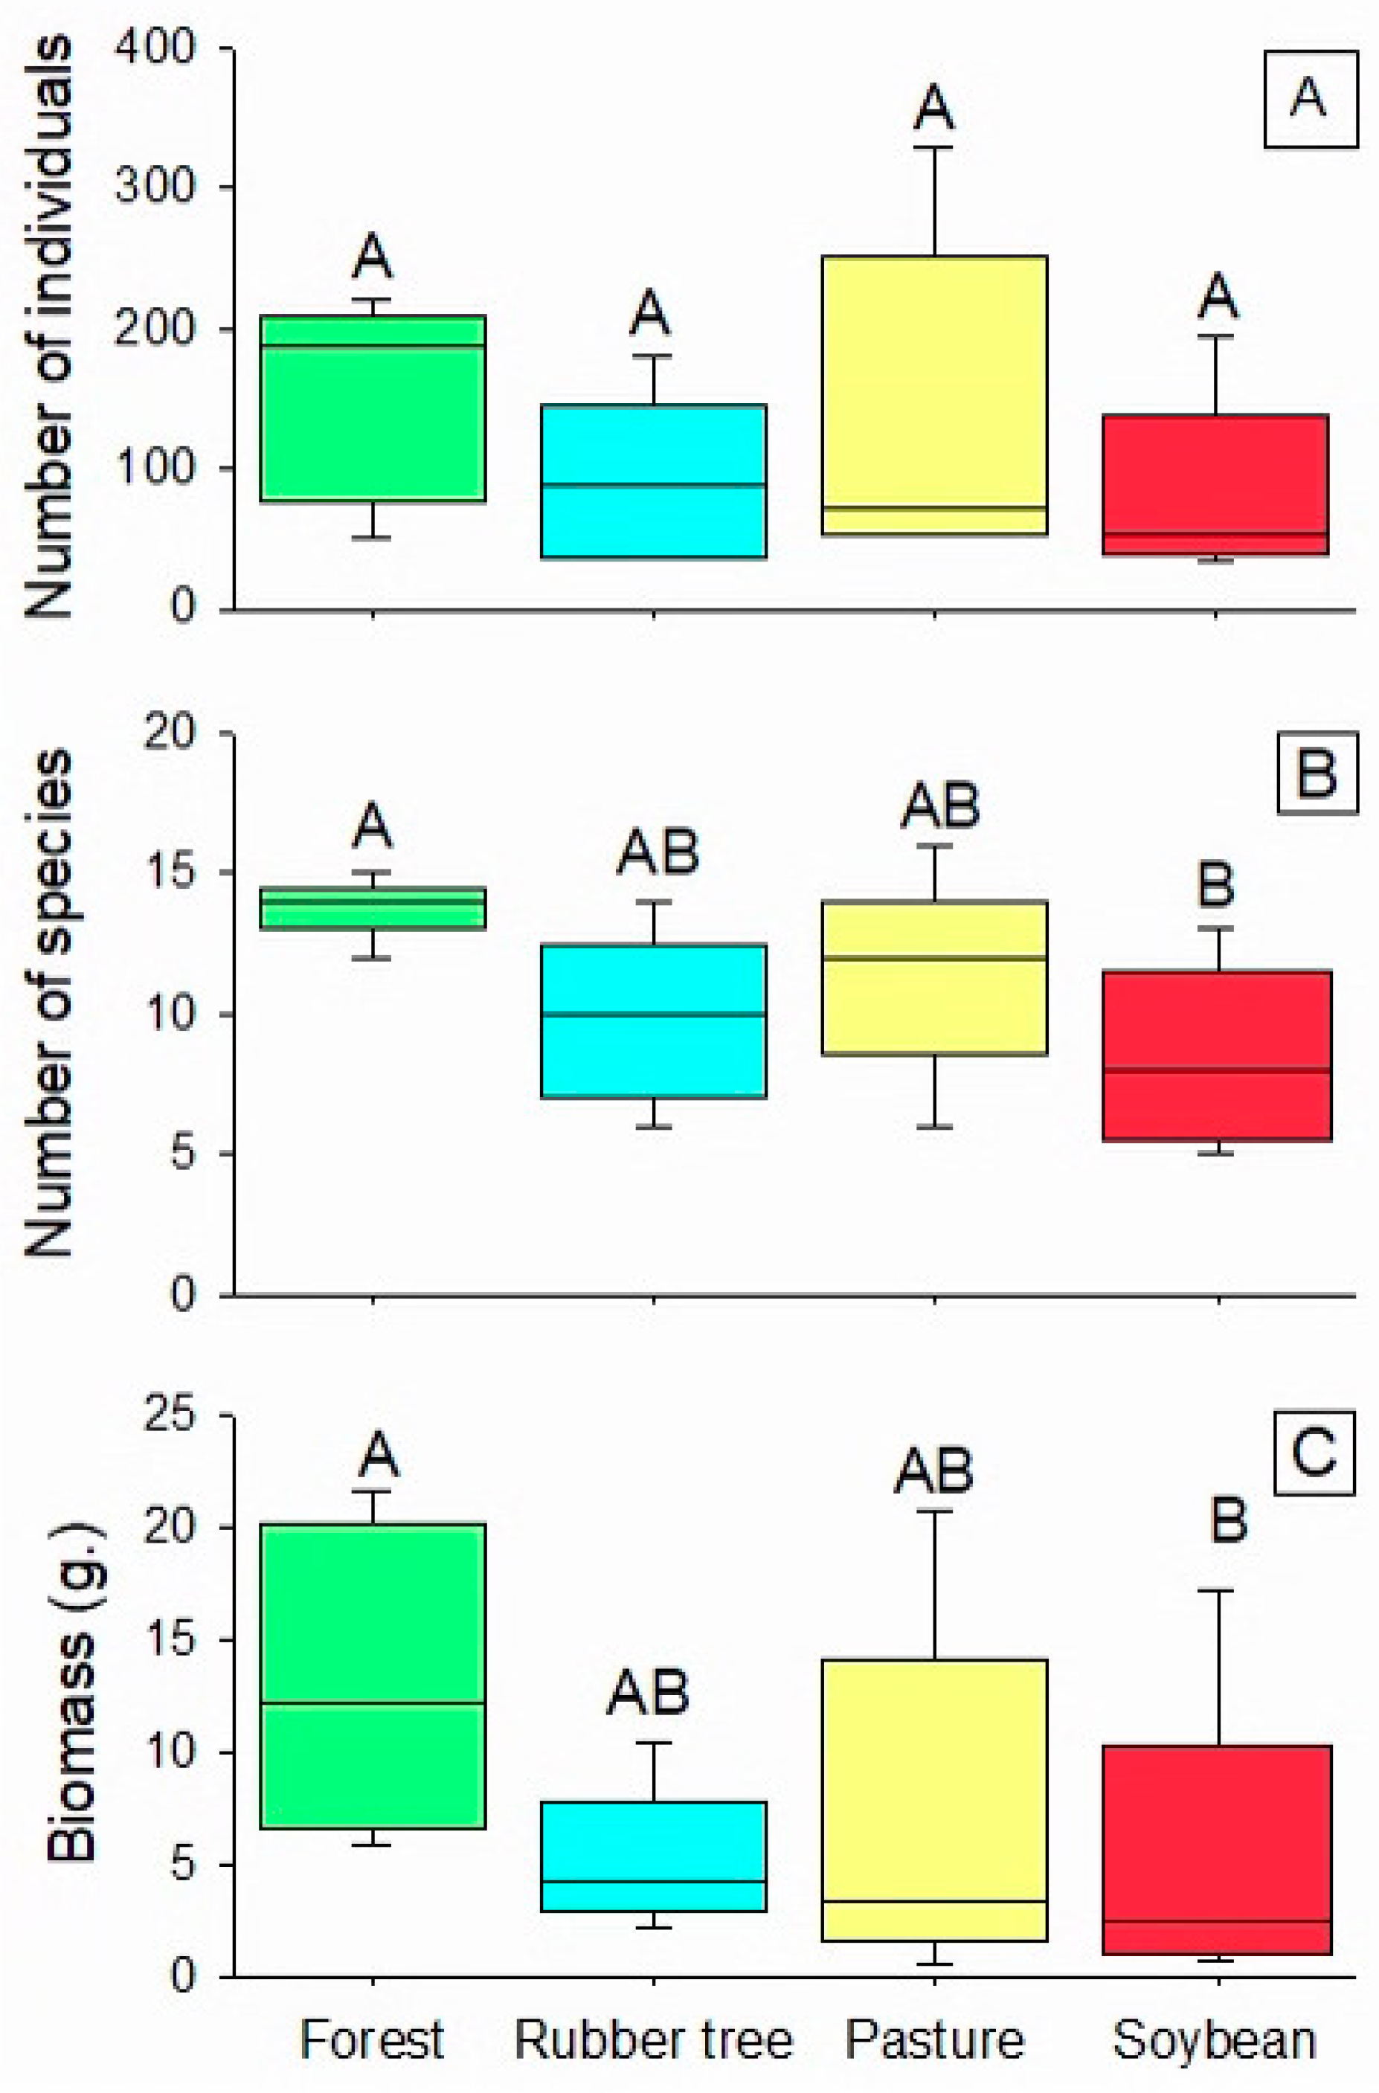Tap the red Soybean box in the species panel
coord(1216,1055)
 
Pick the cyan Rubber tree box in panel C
coord(654,1856)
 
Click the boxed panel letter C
coord(1314,1456)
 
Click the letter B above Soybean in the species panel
coord(1216,886)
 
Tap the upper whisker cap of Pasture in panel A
coord(934,148)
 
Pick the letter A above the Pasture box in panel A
coord(934,107)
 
